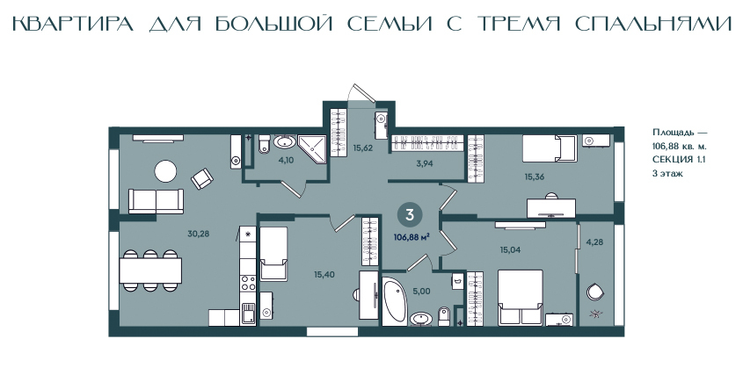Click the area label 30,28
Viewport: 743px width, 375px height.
coord(199,234)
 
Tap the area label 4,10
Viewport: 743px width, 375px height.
coord(286,160)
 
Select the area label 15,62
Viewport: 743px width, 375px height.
coord(363,148)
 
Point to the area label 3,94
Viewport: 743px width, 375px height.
coord(424,164)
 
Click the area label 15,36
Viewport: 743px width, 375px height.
coord(534,177)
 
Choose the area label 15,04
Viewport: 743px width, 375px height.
coord(510,249)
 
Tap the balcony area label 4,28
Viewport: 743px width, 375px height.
coord(594,242)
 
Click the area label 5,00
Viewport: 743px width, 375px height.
coord(422,292)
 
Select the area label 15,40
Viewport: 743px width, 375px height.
coord(324,274)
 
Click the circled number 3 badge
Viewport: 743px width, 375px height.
coord(410,214)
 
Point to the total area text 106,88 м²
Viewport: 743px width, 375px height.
coord(412,237)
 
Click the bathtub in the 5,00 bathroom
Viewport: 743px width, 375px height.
coord(395,301)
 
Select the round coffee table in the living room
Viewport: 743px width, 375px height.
coord(166,171)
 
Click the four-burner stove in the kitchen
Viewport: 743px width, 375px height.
coord(248,283)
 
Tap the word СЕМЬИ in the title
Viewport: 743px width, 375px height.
coord(390,24)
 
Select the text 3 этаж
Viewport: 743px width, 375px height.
coord(667,174)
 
